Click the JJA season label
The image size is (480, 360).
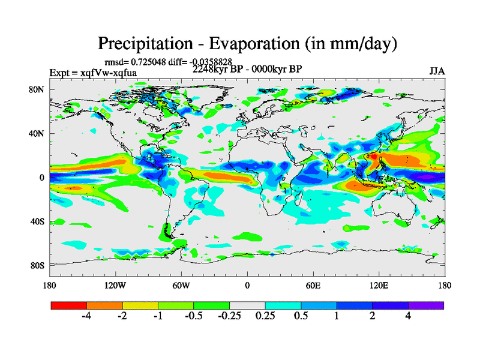(437, 71)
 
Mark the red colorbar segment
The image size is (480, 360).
(69, 305)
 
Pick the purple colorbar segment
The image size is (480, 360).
(426, 305)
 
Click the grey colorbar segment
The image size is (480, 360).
(247, 305)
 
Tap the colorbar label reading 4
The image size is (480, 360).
(409, 317)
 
